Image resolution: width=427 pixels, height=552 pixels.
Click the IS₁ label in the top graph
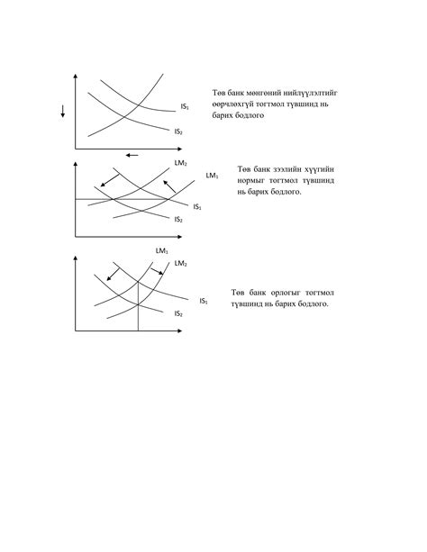click(184, 106)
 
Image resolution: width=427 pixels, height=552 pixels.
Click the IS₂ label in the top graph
click(178, 131)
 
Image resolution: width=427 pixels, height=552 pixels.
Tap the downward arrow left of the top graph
click(63, 112)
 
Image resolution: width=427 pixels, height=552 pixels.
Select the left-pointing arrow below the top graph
click(132, 155)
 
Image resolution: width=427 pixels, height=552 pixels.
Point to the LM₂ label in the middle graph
click(180, 164)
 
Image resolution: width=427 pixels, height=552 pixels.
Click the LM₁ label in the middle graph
click(211, 175)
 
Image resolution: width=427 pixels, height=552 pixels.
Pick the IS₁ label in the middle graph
click(196, 206)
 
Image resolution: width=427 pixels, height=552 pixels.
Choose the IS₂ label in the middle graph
click(178, 220)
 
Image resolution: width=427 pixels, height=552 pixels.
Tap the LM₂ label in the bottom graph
click(180, 263)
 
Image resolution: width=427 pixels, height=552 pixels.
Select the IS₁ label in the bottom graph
click(204, 301)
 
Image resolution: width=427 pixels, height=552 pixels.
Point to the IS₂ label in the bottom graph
click(178, 313)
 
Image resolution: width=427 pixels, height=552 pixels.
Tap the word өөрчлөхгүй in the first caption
click(236, 104)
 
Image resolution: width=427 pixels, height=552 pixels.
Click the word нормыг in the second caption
click(256, 180)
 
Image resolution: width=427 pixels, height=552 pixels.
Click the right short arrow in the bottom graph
click(160, 272)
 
